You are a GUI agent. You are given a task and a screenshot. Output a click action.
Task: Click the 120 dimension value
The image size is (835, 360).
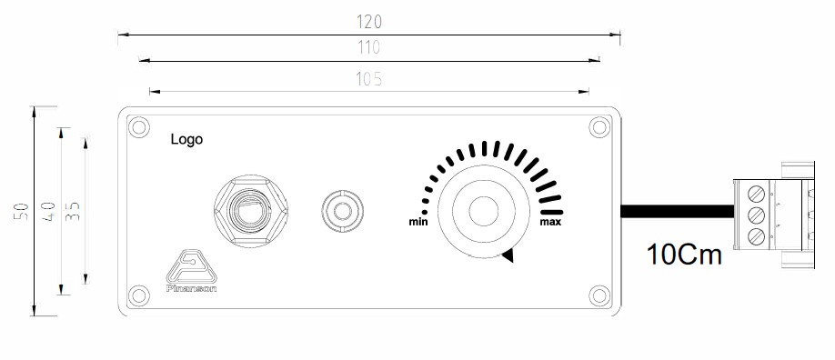369,22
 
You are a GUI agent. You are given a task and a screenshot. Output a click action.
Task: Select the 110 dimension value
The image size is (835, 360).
369,48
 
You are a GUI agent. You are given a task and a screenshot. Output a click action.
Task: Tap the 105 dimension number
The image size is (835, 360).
369,79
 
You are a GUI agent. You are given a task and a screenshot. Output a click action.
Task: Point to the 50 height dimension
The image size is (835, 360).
21,211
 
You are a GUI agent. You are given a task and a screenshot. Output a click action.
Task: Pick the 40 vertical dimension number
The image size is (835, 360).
48,212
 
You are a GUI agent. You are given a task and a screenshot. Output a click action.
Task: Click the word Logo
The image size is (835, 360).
186,139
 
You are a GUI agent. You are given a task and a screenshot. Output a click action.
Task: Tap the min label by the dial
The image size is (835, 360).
418,222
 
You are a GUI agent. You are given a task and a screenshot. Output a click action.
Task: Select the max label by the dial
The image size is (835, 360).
550,222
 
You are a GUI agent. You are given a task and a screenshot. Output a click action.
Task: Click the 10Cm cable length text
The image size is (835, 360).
684,255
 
